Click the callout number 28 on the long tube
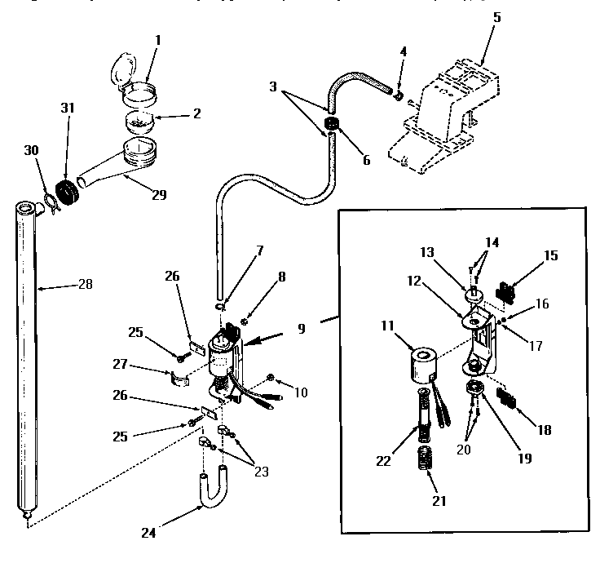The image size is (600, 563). tap(84, 285)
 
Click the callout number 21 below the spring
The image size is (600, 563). tap(440, 500)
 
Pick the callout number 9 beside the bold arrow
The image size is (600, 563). tap(302, 330)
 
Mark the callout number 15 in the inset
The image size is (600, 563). tap(551, 255)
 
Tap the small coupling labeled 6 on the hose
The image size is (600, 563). tap(332, 126)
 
